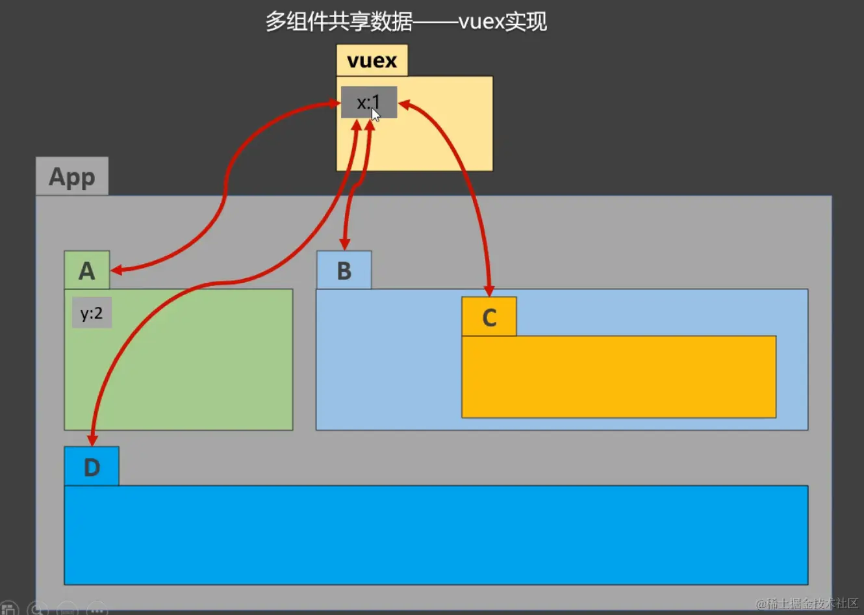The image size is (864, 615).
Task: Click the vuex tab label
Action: [372, 60]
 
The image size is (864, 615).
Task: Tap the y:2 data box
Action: [92, 313]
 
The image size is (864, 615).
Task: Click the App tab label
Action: [72, 177]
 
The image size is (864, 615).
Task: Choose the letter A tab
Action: [87, 270]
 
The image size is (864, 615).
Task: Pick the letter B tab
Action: [344, 270]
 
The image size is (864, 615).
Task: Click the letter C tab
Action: [489, 317]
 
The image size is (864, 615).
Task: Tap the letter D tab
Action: [92, 467]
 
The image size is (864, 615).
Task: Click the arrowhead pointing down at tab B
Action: [345, 244]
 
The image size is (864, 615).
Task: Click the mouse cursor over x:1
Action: [375, 115]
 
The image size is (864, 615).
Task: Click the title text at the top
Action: [406, 22]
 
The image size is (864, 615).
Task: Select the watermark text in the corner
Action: [807, 603]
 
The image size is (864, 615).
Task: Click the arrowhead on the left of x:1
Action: [335, 103]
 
